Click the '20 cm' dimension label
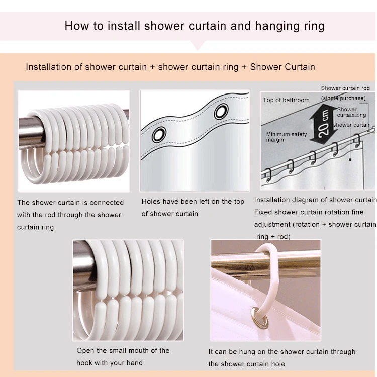click(x=323, y=124)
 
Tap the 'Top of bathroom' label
click(x=286, y=100)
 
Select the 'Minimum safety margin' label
click(x=287, y=137)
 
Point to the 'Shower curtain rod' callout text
click(x=345, y=88)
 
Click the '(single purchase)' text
click(x=343, y=98)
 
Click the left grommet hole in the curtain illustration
click(x=159, y=134)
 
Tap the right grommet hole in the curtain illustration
click(x=221, y=111)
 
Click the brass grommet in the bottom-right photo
click(x=260, y=318)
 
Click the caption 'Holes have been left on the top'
click(x=193, y=201)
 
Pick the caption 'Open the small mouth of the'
click(x=123, y=350)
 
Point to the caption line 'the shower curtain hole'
click(x=247, y=364)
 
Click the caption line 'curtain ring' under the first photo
click(x=35, y=227)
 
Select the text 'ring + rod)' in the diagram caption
click(x=273, y=237)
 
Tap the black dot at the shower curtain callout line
click(x=350, y=159)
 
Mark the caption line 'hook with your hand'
click(x=110, y=363)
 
